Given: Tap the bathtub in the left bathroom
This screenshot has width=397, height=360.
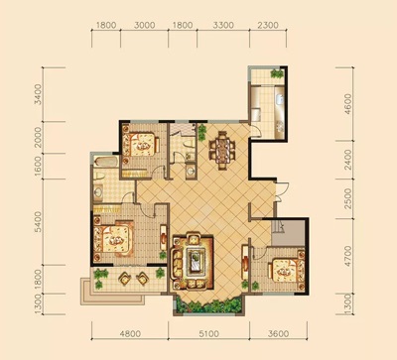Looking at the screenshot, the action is tap(106, 162).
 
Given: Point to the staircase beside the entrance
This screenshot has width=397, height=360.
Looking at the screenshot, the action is tap(288, 232).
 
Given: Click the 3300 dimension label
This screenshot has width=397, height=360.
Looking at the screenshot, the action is tap(223, 25).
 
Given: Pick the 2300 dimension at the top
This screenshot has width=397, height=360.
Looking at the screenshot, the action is tap(267, 25).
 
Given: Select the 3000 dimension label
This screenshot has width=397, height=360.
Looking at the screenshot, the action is tap(145, 25).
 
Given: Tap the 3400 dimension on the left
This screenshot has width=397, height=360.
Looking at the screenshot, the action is tap(39, 94).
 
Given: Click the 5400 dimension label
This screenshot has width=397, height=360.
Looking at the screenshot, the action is tap(39, 222).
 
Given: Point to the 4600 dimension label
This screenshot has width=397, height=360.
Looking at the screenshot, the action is tap(347, 104).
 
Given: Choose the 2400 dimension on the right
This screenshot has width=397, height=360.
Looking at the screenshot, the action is tap(347, 160).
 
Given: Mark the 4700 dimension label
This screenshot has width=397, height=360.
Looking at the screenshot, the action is tap(347, 256).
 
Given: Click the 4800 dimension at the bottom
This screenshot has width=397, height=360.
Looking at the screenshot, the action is tap(130, 333).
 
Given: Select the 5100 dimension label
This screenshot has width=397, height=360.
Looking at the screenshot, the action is tap(208, 333).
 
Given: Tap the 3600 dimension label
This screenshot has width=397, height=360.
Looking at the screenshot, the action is tap(278, 333).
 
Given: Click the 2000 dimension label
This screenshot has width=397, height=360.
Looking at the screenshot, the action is tap(39, 138).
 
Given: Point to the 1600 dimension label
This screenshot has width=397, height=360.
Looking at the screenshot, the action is tap(39, 167).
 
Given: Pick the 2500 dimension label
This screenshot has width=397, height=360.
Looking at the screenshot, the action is tap(347, 198).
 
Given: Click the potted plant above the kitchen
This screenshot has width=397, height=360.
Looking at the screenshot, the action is tap(277, 73).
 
